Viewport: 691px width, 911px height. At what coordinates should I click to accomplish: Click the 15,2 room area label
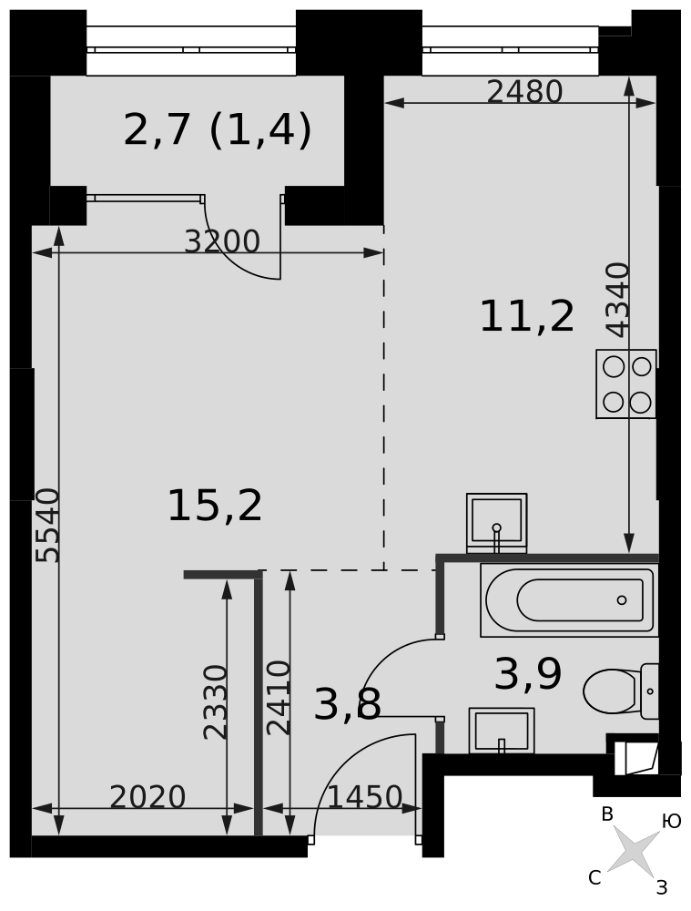coord(215,507)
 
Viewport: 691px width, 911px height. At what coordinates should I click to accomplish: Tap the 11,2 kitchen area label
coord(527,317)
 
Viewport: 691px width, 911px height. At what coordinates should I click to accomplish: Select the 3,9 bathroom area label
coord(528,674)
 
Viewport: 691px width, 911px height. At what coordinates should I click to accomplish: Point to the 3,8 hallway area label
coord(347,704)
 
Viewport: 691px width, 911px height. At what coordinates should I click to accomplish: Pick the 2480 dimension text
coord(525,92)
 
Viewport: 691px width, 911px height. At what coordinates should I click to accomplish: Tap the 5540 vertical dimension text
coord(47,526)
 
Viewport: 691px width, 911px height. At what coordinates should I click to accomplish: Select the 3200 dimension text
coord(222,241)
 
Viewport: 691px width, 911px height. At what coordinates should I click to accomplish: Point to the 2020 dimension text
coord(147,797)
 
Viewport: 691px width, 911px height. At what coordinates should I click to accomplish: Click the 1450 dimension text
coord(365,797)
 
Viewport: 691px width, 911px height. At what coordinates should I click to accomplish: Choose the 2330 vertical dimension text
coord(216,701)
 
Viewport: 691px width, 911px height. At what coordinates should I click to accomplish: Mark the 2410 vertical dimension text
coord(279,698)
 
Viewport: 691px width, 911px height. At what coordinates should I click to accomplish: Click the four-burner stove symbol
coord(626,384)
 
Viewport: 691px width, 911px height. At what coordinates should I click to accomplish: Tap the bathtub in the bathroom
coord(570,600)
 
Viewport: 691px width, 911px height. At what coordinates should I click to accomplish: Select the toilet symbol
coord(621,691)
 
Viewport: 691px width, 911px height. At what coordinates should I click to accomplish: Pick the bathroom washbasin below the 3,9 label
coord(501,731)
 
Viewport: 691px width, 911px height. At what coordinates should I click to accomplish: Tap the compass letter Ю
coord(671,821)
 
